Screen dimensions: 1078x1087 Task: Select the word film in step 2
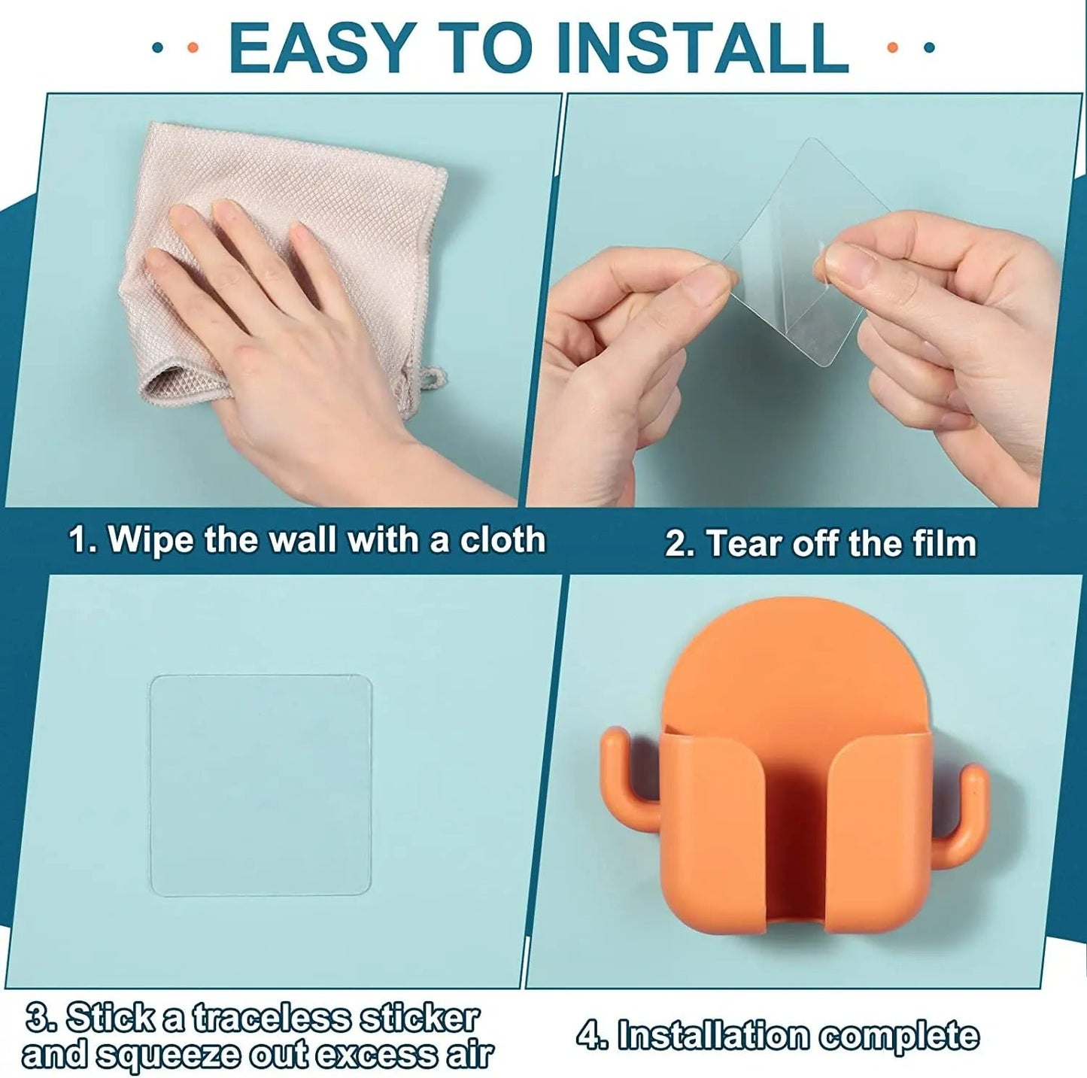[944, 544]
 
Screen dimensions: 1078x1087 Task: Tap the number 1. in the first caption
[83, 540]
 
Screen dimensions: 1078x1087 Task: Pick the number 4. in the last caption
[593, 1036]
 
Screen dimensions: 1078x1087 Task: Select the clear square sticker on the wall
[261, 785]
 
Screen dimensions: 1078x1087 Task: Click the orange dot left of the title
[192, 47]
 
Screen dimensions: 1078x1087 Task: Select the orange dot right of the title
[893, 47]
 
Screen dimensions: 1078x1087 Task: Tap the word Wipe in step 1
[150, 540]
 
